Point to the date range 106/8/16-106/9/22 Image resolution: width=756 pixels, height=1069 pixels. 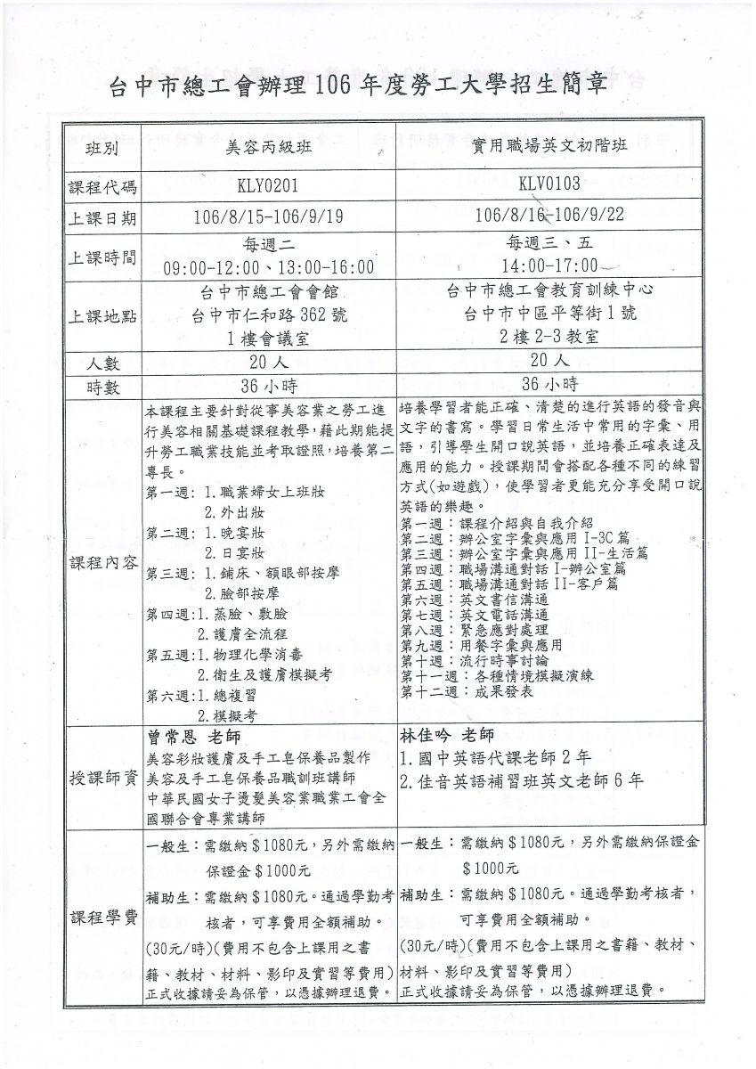pos(549,215)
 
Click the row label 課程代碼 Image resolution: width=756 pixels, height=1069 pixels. pos(102,187)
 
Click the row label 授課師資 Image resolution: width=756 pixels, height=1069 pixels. pos(102,778)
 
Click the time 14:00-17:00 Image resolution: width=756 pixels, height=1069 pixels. pos(549,265)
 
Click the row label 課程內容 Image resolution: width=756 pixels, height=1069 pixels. pos(102,563)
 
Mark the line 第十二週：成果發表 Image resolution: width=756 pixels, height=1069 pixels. pos(467,691)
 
